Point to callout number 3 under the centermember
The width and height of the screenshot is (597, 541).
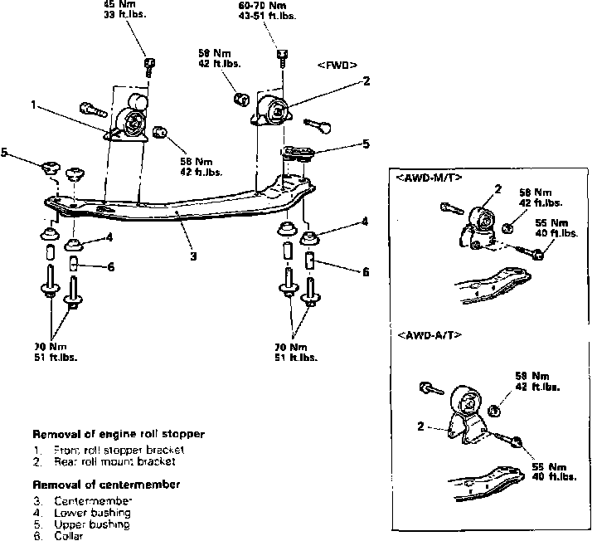click(x=192, y=256)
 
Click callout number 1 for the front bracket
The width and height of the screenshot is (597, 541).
click(x=33, y=105)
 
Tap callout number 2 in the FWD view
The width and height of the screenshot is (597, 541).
click(x=366, y=81)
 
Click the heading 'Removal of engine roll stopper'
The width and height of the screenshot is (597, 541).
click(x=118, y=434)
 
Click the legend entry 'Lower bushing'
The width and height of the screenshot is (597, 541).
click(x=90, y=513)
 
